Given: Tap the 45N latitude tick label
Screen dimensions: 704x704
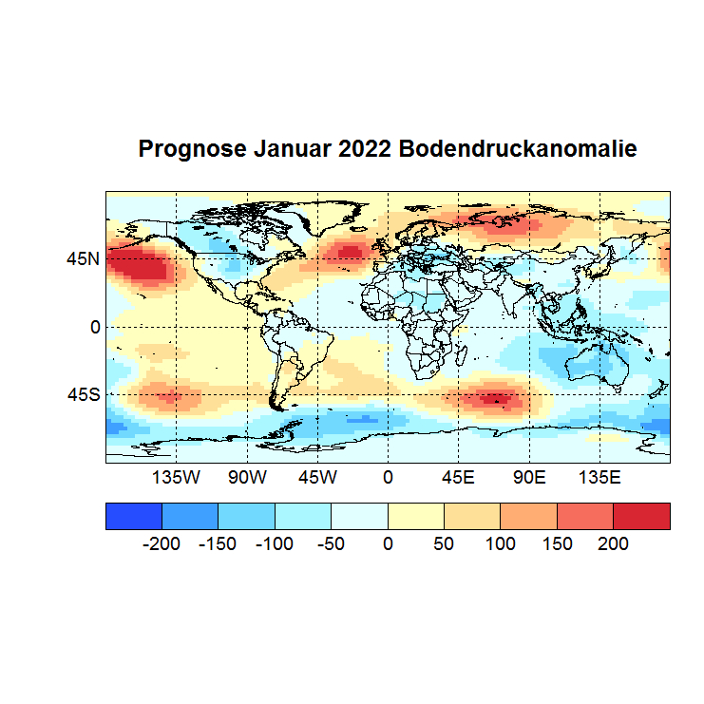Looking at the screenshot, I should [x=83, y=257].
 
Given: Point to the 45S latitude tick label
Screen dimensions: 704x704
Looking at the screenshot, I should [x=83, y=394].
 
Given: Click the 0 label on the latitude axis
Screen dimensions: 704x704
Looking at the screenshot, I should [x=95, y=327].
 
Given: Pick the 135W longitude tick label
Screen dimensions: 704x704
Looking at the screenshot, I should [x=177, y=478].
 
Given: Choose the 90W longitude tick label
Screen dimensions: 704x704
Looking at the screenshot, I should [x=247, y=478].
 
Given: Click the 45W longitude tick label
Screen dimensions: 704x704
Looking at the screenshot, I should [x=317, y=478].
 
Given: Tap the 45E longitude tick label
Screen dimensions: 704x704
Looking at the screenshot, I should [x=458, y=478].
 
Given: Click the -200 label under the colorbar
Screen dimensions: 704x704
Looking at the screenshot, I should [x=161, y=544].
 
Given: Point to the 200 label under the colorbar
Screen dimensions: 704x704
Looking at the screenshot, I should [x=613, y=544].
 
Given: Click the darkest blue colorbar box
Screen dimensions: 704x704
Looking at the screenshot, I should [x=134, y=515].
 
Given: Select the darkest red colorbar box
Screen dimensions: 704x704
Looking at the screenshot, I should [x=641, y=515].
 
